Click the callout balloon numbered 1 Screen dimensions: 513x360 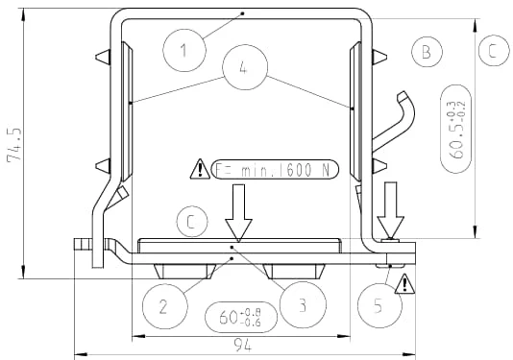[x=184, y=50]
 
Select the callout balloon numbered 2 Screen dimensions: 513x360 [x=165, y=306]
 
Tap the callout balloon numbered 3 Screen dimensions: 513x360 [x=304, y=304]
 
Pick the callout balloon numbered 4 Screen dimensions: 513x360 [x=245, y=67]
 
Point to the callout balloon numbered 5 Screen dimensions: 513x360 [x=379, y=305]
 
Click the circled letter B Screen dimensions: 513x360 [x=427, y=52]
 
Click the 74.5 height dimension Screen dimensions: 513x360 [x=14, y=144]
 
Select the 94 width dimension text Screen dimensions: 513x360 [x=243, y=346]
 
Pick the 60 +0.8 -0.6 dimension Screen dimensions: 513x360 [x=241, y=317]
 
